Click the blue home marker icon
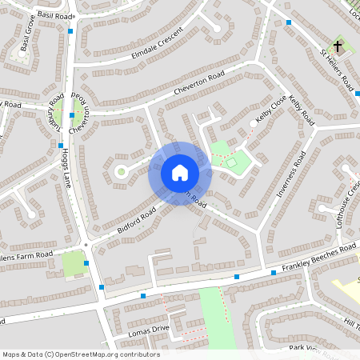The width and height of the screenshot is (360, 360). click(180, 173)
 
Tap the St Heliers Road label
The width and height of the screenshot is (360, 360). click(337, 70)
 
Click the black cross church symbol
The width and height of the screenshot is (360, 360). click(338, 47)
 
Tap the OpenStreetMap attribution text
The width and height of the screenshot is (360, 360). click(80, 354)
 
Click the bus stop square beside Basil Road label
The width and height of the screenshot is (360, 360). click(71, 30)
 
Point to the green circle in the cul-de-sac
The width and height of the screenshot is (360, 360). click(122, 170)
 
